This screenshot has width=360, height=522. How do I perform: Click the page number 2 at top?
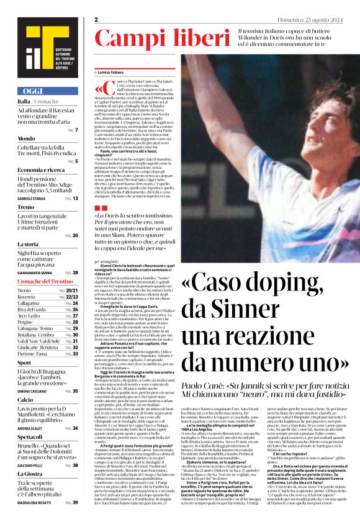97,20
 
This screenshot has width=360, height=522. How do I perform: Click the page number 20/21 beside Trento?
71,290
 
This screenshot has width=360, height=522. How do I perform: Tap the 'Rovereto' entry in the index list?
29,297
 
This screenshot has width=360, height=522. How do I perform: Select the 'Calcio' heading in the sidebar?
25,401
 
